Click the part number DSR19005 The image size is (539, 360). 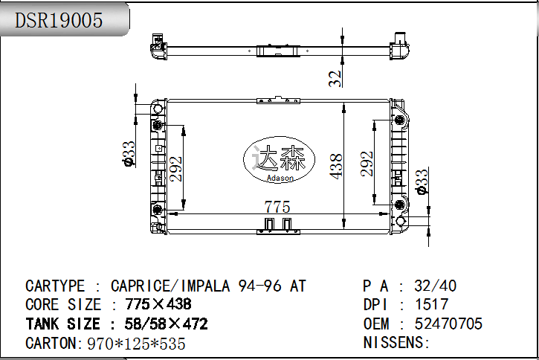(x=59, y=20)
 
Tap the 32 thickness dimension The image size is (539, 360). (x=335, y=78)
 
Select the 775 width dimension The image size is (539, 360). (x=277, y=207)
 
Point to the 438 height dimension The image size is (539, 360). (x=336, y=167)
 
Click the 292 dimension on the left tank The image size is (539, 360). (x=175, y=169)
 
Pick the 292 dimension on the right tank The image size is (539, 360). (x=367, y=164)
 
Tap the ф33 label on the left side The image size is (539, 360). (x=129, y=154)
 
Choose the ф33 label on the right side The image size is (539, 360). (x=422, y=181)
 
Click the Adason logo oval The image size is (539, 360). (x=279, y=159)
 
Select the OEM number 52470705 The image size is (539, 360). (x=448, y=324)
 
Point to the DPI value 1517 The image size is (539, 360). (x=432, y=304)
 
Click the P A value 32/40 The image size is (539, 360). (x=436, y=286)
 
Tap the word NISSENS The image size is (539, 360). (x=393, y=342)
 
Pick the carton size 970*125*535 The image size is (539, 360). (x=137, y=344)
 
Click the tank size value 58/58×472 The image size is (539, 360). (x=167, y=324)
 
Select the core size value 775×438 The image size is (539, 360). (x=158, y=304)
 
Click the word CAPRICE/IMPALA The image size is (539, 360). (x=170, y=286)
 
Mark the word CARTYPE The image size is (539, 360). (x=55, y=286)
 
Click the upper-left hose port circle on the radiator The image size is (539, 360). (x=158, y=109)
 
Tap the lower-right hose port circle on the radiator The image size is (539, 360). (x=401, y=221)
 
